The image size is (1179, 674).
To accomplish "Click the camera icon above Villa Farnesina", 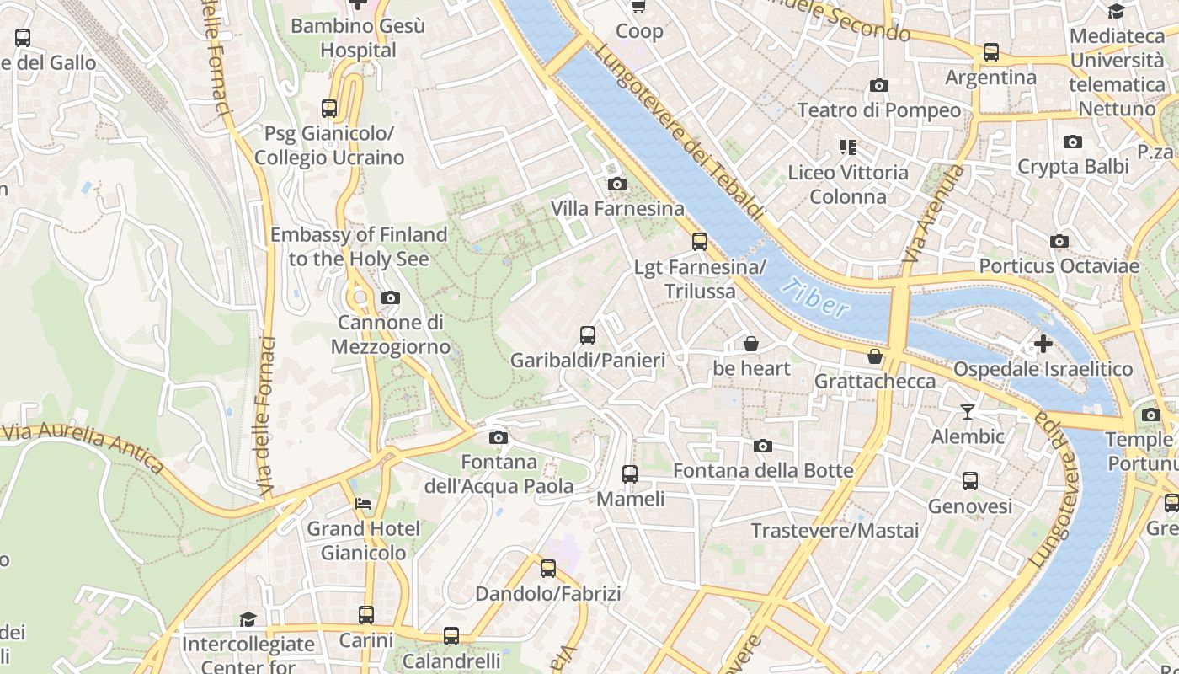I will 616,184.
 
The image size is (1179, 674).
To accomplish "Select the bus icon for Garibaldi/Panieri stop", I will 588,335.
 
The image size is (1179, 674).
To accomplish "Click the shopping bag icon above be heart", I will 750,344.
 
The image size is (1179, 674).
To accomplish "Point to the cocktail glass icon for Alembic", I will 967,412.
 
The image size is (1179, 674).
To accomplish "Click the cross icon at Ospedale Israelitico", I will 1043,344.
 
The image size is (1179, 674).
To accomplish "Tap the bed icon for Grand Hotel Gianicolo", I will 363,504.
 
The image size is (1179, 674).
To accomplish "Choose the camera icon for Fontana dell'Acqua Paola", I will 499,437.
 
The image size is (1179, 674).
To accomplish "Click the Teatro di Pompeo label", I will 878,110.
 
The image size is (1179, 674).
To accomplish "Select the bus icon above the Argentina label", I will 991,52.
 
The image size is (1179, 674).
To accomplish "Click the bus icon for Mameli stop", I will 630,474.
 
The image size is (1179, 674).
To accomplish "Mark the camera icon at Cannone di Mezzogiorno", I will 391,297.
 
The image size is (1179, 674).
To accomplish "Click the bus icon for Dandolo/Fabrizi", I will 548,569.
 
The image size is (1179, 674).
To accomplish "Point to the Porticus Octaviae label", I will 1059,266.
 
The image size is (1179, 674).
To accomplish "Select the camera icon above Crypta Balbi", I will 1072,142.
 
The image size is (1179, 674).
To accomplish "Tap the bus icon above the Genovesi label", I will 970,481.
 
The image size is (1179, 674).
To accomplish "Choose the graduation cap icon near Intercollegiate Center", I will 248,620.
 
